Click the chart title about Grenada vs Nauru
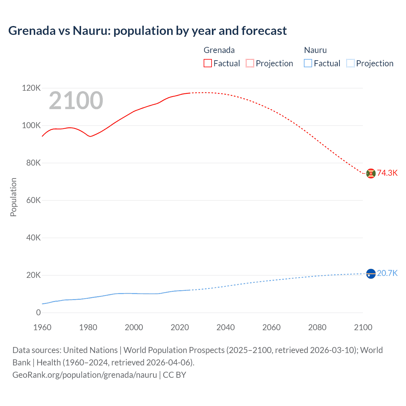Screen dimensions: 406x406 pyautogui.click(x=147, y=31)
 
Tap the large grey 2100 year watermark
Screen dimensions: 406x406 pyautogui.click(x=76, y=101)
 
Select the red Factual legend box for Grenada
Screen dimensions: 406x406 pyautogui.click(x=207, y=63)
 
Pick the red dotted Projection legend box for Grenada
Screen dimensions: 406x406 pyautogui.click(x=250, y=63)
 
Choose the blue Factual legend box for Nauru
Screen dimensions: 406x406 pyautogui.click(x=308, y=63)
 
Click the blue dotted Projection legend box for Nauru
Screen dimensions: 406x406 pyautogui.click(x=350, y=63)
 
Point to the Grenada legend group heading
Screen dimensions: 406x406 pyautogui.click(x=219, y=50)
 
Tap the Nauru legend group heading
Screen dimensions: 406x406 pyautogui.click(x=315, y=50)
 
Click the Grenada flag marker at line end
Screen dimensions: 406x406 pyautogui.click(x=371, y=173)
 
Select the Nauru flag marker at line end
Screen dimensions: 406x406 pyautogui.click(x=371, y=273)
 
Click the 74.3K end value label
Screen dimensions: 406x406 pyautogui.click(x=387, y=173)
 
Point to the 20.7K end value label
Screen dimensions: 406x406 pyautogui.click(x=387, y=273)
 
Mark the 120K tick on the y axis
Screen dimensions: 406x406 pyautogui.click(x=31, y=88)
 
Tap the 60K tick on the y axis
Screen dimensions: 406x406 pyautogui.click(x=33, y=200)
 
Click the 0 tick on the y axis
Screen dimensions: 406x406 pyautogui.click(x=38, y=312)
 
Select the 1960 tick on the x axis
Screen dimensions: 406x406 pyautogui.click(x=42, y=327)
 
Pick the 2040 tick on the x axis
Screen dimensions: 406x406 pyautogui.click(x=226, y=327)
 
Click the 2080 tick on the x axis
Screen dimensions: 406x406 pyautogui.click(x=317, y=327)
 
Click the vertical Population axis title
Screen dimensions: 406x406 pyautogui.click(x=13, y=197)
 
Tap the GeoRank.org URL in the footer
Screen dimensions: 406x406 pyautogui.click(x=85, y=375)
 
